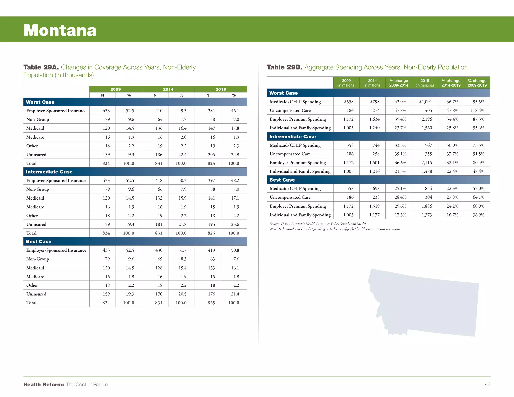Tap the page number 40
coord(487,384)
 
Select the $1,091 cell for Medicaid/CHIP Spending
coord(425,102)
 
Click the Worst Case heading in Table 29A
coord(40,102)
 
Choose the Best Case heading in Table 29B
coord(282,180)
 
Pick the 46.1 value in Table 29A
coord(235,111)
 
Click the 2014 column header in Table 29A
coord(168,89)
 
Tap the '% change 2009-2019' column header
coord(477,83)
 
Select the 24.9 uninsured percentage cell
coord(235,155)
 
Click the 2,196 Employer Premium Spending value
coord(427,119)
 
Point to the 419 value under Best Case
coord(211,250)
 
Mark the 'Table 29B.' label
coord(284,67)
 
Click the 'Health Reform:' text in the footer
coord(44,384)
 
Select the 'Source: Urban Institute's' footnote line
coord(318,224)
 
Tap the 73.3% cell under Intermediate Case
coord(478,145)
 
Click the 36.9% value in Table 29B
coord(478,215)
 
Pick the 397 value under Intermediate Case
coord(211,180)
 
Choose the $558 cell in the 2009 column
coord(349,102)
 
